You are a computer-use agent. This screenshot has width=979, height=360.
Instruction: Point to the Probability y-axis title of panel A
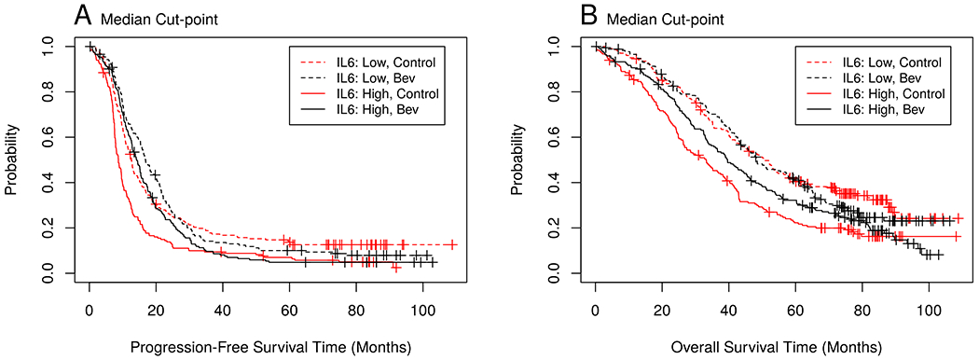pos(12,159)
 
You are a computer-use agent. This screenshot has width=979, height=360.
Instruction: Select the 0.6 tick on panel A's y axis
pos(47,137)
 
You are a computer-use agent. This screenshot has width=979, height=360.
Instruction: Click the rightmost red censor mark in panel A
pos(452,244)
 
